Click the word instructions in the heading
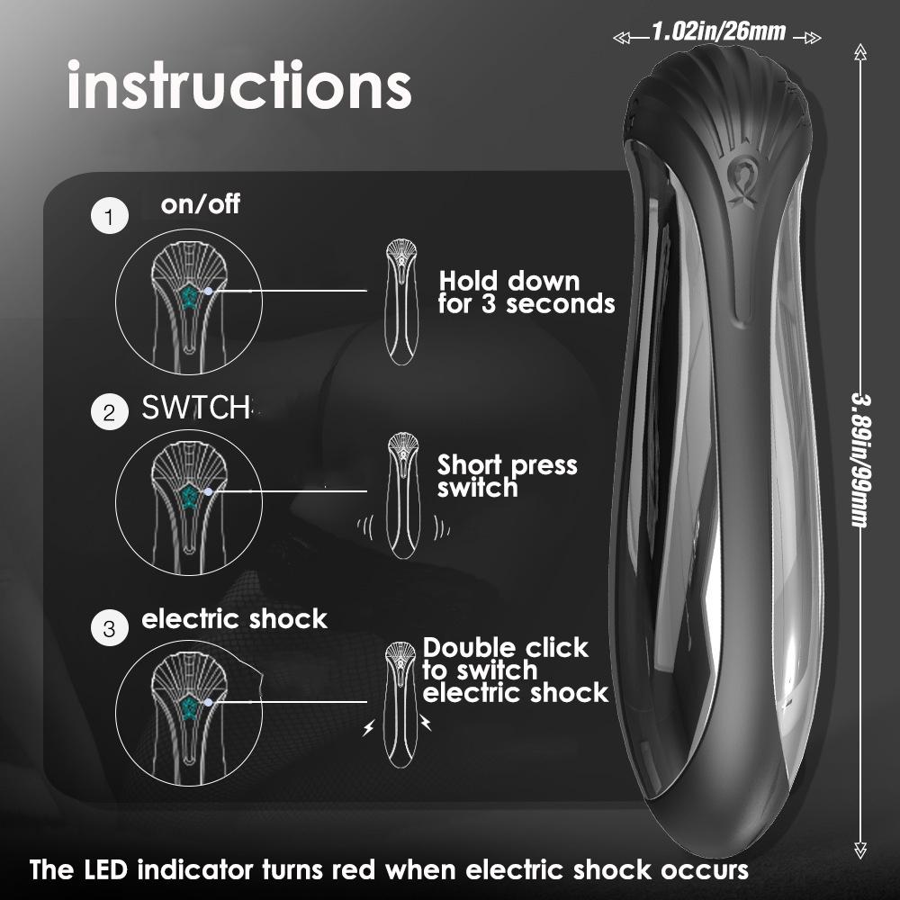[x=238, y=86]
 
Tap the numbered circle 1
[x=110, y=218]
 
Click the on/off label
[x=201, y=204]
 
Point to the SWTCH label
[x=195, y=408]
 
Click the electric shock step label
[x=235, y=619]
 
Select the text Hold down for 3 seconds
[x=526, y=292]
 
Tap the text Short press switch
[x=507, y=476]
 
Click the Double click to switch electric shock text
[x=516, y=670]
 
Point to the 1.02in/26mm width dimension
[x=718, y=33]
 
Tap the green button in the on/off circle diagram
[x=192, y=298]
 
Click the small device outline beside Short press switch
[x=400, y=496]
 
